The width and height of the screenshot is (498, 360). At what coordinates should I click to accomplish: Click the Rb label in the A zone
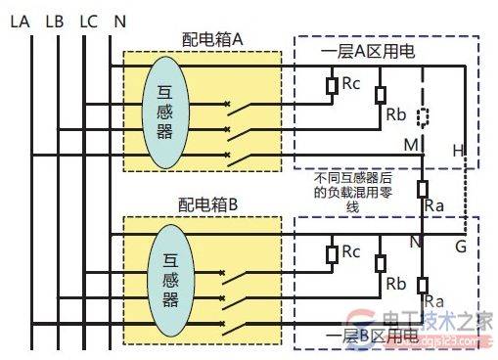(396, 113)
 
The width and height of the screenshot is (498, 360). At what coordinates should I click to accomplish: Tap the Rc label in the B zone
(351, 252)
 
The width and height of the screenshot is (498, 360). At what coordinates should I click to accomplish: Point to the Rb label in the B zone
(396, 284)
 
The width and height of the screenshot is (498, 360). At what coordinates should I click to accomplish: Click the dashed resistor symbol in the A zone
(422, 117)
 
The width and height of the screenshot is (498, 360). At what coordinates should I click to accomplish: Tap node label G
(460, 246)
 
